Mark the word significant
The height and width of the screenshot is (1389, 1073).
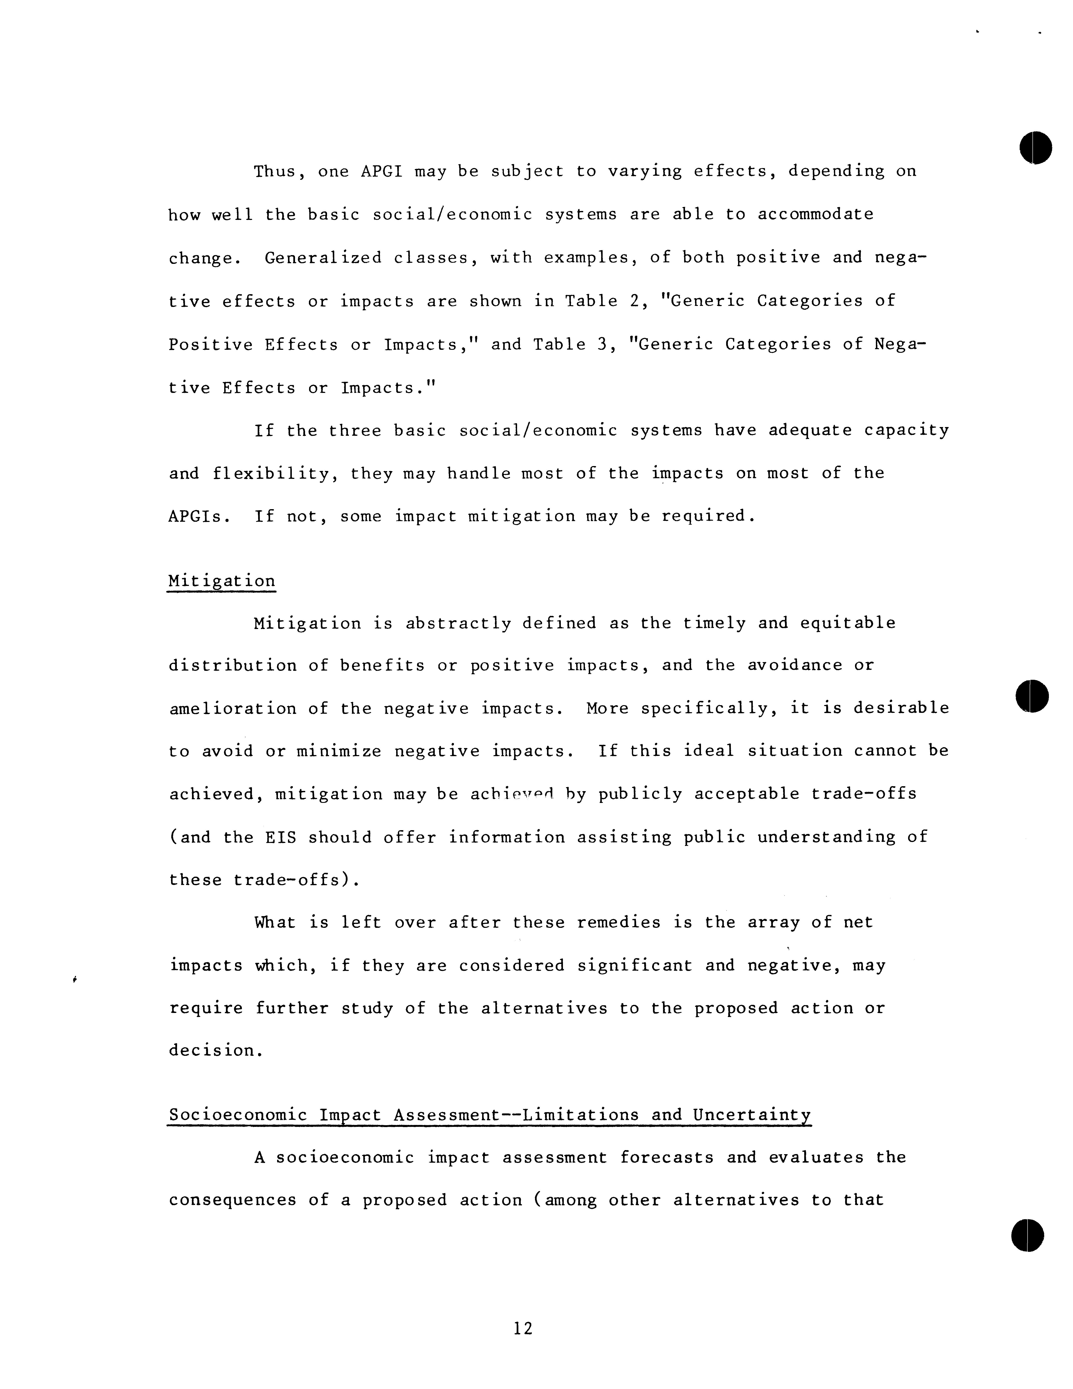coord(635,966)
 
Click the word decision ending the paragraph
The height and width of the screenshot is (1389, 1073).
coord(216,1051)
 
